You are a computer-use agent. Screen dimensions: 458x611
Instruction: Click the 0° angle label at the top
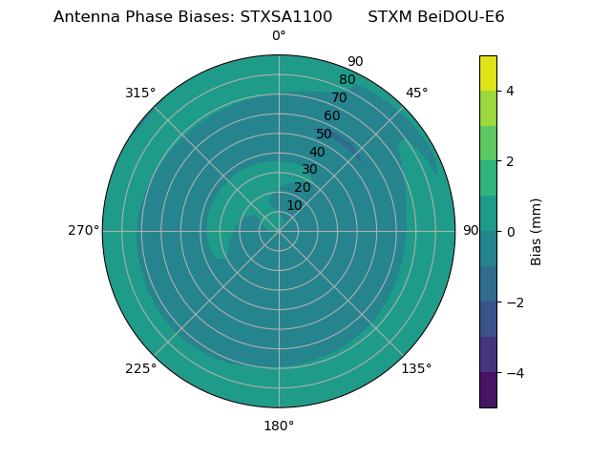pos(279,36)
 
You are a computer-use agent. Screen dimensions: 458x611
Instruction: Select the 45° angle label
pos(416,93)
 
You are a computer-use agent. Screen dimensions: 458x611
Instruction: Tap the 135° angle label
pos(416,368)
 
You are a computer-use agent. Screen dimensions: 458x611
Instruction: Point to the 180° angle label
pos(279,426)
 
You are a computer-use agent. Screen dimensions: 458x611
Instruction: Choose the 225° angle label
pos(140,368)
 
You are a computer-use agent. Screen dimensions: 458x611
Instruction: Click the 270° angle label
pos(83,230)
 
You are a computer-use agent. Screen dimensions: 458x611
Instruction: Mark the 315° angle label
pos(140,93)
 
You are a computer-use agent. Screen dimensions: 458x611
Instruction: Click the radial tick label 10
pos(294,205)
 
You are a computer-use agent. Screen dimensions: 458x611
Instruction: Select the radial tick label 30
pos(309,170)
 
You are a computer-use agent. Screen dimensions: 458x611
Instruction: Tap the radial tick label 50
pos(325,135)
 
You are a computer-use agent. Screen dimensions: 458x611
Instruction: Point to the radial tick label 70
pos(339,98)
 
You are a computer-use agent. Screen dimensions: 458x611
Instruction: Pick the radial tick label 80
pos(347,80)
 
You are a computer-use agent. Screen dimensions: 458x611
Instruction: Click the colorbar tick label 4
pos(510,91)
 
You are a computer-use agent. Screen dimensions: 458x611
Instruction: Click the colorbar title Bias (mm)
pos(537,231)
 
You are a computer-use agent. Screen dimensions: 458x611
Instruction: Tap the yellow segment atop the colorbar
pos(488,73)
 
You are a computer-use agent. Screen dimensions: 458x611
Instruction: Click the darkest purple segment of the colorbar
pos(488,389)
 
